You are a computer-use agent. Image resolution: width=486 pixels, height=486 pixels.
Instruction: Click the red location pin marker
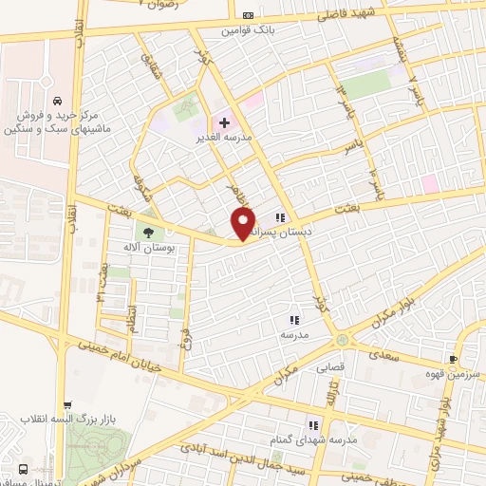[243, 224]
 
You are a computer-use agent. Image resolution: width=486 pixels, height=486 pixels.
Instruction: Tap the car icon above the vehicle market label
[58, 101]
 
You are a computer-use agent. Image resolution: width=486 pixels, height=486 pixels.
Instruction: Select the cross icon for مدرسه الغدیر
[224, 122]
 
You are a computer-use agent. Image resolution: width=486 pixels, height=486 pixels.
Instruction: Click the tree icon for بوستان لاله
[147, 231]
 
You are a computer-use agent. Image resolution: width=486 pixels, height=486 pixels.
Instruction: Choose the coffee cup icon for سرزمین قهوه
[452, 358]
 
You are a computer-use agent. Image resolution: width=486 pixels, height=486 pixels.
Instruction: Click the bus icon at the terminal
[21, 468]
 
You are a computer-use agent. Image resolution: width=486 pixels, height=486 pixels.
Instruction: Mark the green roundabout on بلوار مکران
[341, 340]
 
